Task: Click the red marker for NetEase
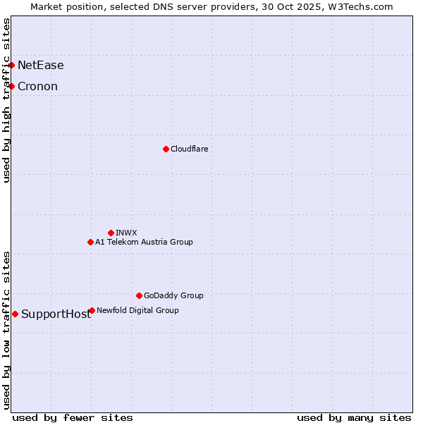click(12, 66)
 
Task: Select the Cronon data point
click(12, 87)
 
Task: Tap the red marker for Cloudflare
click(166, 149)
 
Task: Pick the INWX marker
click(111, 233)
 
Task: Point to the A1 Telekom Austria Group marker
click(90, 242)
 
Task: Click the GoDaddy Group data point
click(139, 295)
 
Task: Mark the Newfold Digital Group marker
click(92, 310)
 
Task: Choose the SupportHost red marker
click(15, 314)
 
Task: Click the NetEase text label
click(40, 66)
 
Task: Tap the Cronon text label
click(37, 87)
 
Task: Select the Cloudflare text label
click(189, 149)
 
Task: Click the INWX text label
click(126, 233)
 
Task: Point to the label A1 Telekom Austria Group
click(144, 242)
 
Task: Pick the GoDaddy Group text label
click(173, 295)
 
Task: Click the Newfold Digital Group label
click(137, 310)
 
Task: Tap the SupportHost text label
click(56, 314)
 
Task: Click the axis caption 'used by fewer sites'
click(73, 417)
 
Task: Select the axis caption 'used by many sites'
click(354, 417)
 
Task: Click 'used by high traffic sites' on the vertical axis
click(7, 100)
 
